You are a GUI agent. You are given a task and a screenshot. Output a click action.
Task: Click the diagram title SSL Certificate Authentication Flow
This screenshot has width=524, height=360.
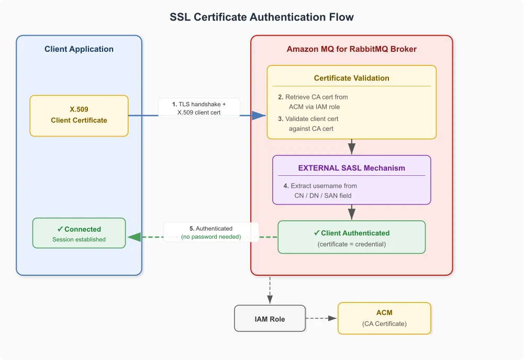pyautogui.click(x=262, y=17)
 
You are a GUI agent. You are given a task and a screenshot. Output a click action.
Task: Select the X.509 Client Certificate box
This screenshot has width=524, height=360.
pyautogui.click(x=79, y=116)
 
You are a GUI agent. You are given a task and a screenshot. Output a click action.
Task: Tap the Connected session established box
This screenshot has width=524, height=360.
pyautogui.click(x=79, y=233)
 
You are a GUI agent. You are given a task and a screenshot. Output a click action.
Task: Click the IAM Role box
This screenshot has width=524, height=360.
pyautogui.click(x=270, y=318)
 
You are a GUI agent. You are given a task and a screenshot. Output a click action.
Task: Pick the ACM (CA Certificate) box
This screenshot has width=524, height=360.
pyautogui.click(x=384, y=318)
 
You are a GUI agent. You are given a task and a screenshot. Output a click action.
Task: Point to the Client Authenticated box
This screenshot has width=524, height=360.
pyautogui.click(x=352, y=237)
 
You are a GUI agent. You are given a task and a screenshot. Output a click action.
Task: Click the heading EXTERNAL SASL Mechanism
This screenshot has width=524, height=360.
pyautogui.click(x=352, y=168)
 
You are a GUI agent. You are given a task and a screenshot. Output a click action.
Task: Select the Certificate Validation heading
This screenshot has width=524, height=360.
pyautogui.click(x=352, y=78)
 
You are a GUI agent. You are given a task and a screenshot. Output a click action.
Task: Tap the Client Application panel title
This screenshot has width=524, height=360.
pyautogui.click(x=79, y=49)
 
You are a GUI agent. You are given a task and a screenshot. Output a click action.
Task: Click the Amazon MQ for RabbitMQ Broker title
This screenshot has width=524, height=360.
pyautogui.click(x=352, y=49)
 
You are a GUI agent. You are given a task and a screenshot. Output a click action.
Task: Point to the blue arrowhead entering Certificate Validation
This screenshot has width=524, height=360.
pyautogui.click(x=259, y=116)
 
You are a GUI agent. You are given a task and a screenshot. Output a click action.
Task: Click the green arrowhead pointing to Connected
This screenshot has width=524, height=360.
pyautogui.click(x=135, y=237)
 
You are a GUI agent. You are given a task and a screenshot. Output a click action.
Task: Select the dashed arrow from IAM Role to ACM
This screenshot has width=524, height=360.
pyautogui.click(x=321, y=318)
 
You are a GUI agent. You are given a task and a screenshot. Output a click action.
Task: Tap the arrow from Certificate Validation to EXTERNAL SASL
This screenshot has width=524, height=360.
pyautogui.click(x=352, y=147)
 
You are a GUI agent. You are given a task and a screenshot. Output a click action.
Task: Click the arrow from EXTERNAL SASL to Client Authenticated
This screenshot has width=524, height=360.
pyautogui.click(x=352, y=212)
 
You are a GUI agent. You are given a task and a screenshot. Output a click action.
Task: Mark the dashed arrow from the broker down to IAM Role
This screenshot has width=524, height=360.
pyautogui.click(x=270, y=290)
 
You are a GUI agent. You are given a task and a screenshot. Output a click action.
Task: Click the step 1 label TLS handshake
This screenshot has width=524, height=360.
pyautogui.click(x=199, y=104)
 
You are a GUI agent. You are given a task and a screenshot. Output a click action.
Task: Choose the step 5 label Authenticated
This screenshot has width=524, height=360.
pyautogui.click(x=211, y=229)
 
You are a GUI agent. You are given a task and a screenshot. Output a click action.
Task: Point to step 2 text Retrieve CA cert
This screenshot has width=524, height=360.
pyautogui.click(x=313, y=97)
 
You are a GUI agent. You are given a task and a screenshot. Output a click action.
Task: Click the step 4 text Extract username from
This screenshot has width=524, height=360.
pyautogui.click(x=320, y=186)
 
